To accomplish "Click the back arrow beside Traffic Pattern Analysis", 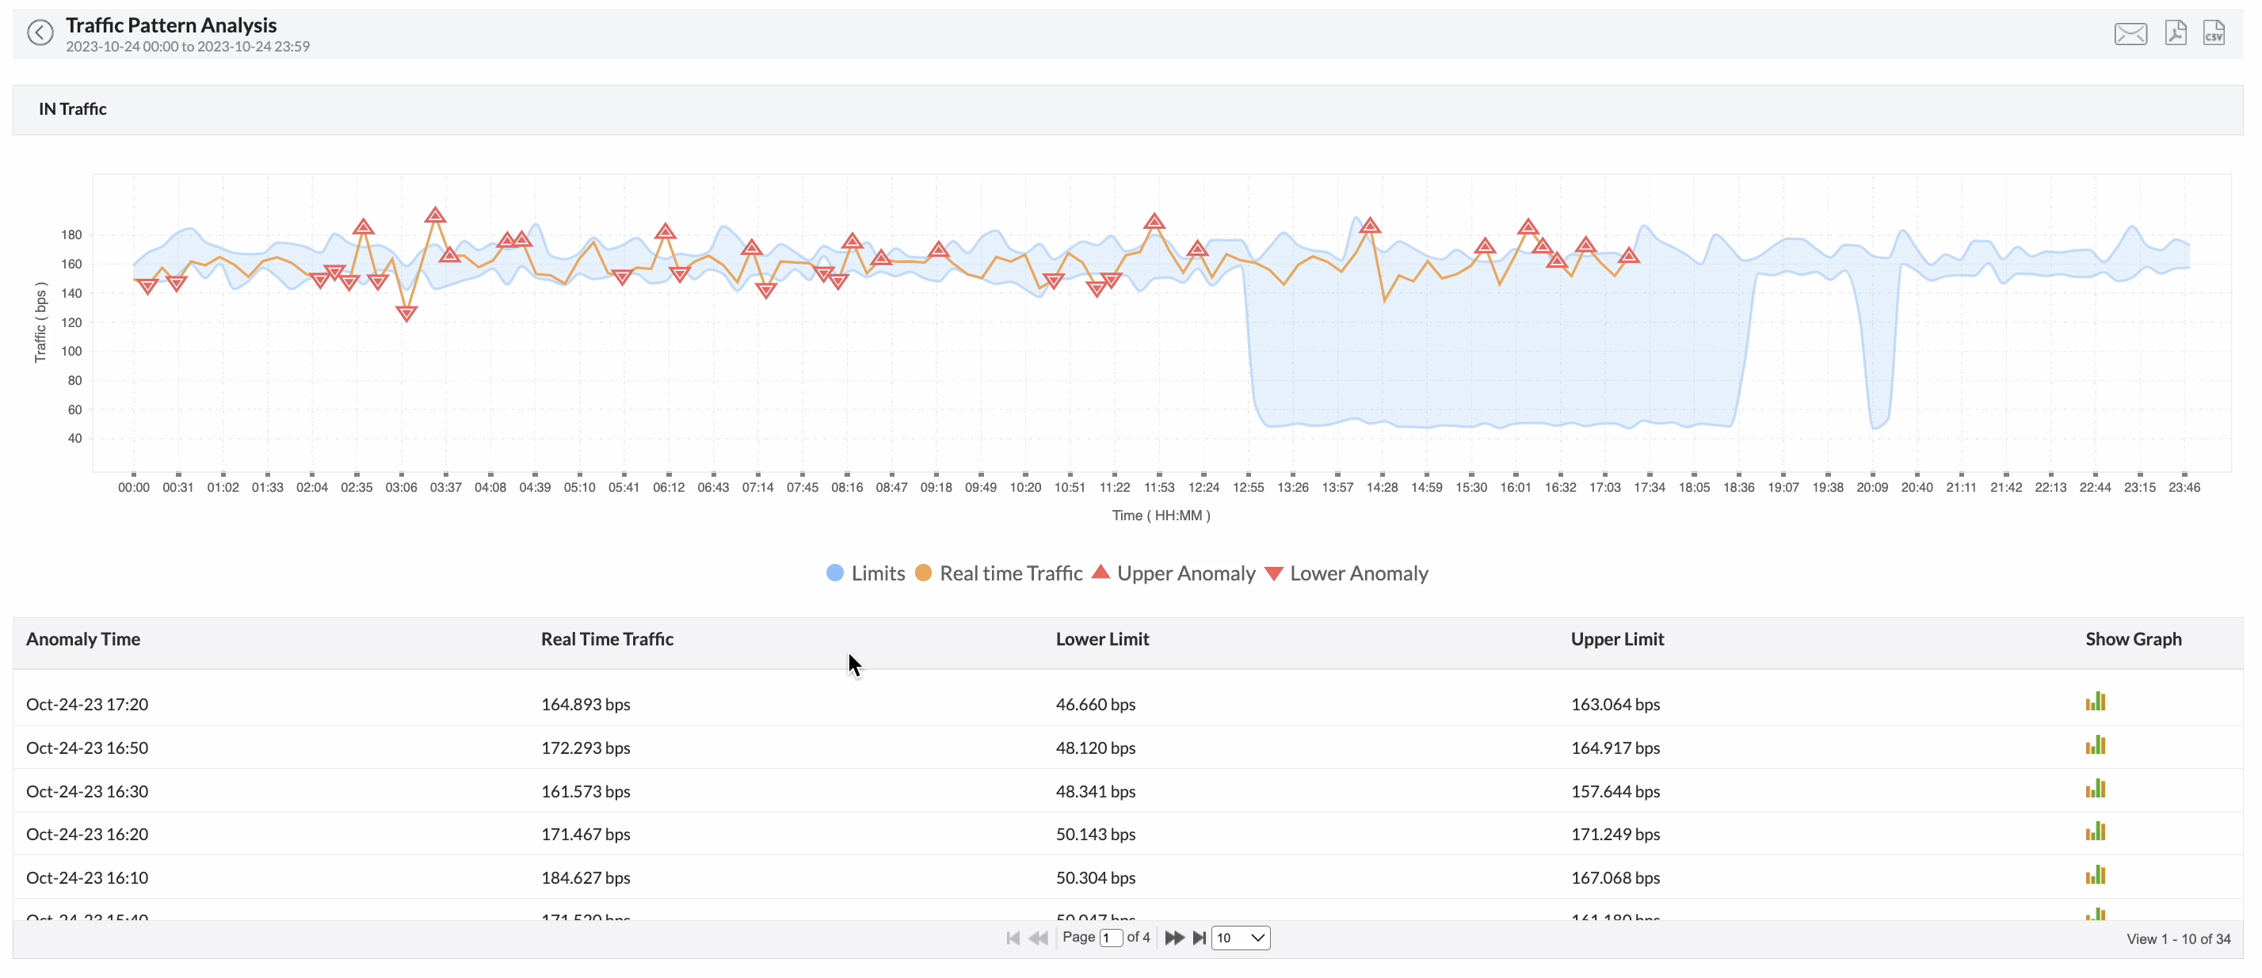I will click(x=40, y=33).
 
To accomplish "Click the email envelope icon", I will click(x=2130, y=34).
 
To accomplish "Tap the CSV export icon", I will click(x=2213, y=33).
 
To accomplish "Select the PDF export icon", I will click(x=2175, y=33).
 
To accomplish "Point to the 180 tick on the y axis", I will click(x=71, y=235).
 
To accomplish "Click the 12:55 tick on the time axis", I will click(x=1248, y=487).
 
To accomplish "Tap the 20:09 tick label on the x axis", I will click(x=1871, y=487).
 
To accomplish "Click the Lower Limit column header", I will click(x=1101, y=639).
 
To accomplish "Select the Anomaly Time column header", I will click(x=83, y=639).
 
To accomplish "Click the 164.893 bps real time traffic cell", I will click(x=585, y=704).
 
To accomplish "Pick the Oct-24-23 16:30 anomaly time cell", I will click(x=87, y=791).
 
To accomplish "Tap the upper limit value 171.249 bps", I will click(x=1614, y=834).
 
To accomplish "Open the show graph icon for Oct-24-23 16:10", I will click(x=2094, y=875).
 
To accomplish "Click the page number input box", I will click(x=1110, y=938).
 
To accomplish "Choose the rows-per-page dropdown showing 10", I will click(x=1239, y=938).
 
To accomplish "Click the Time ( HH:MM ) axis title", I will click(x=1160, y=516).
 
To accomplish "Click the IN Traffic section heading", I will click(x=73, y=108).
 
